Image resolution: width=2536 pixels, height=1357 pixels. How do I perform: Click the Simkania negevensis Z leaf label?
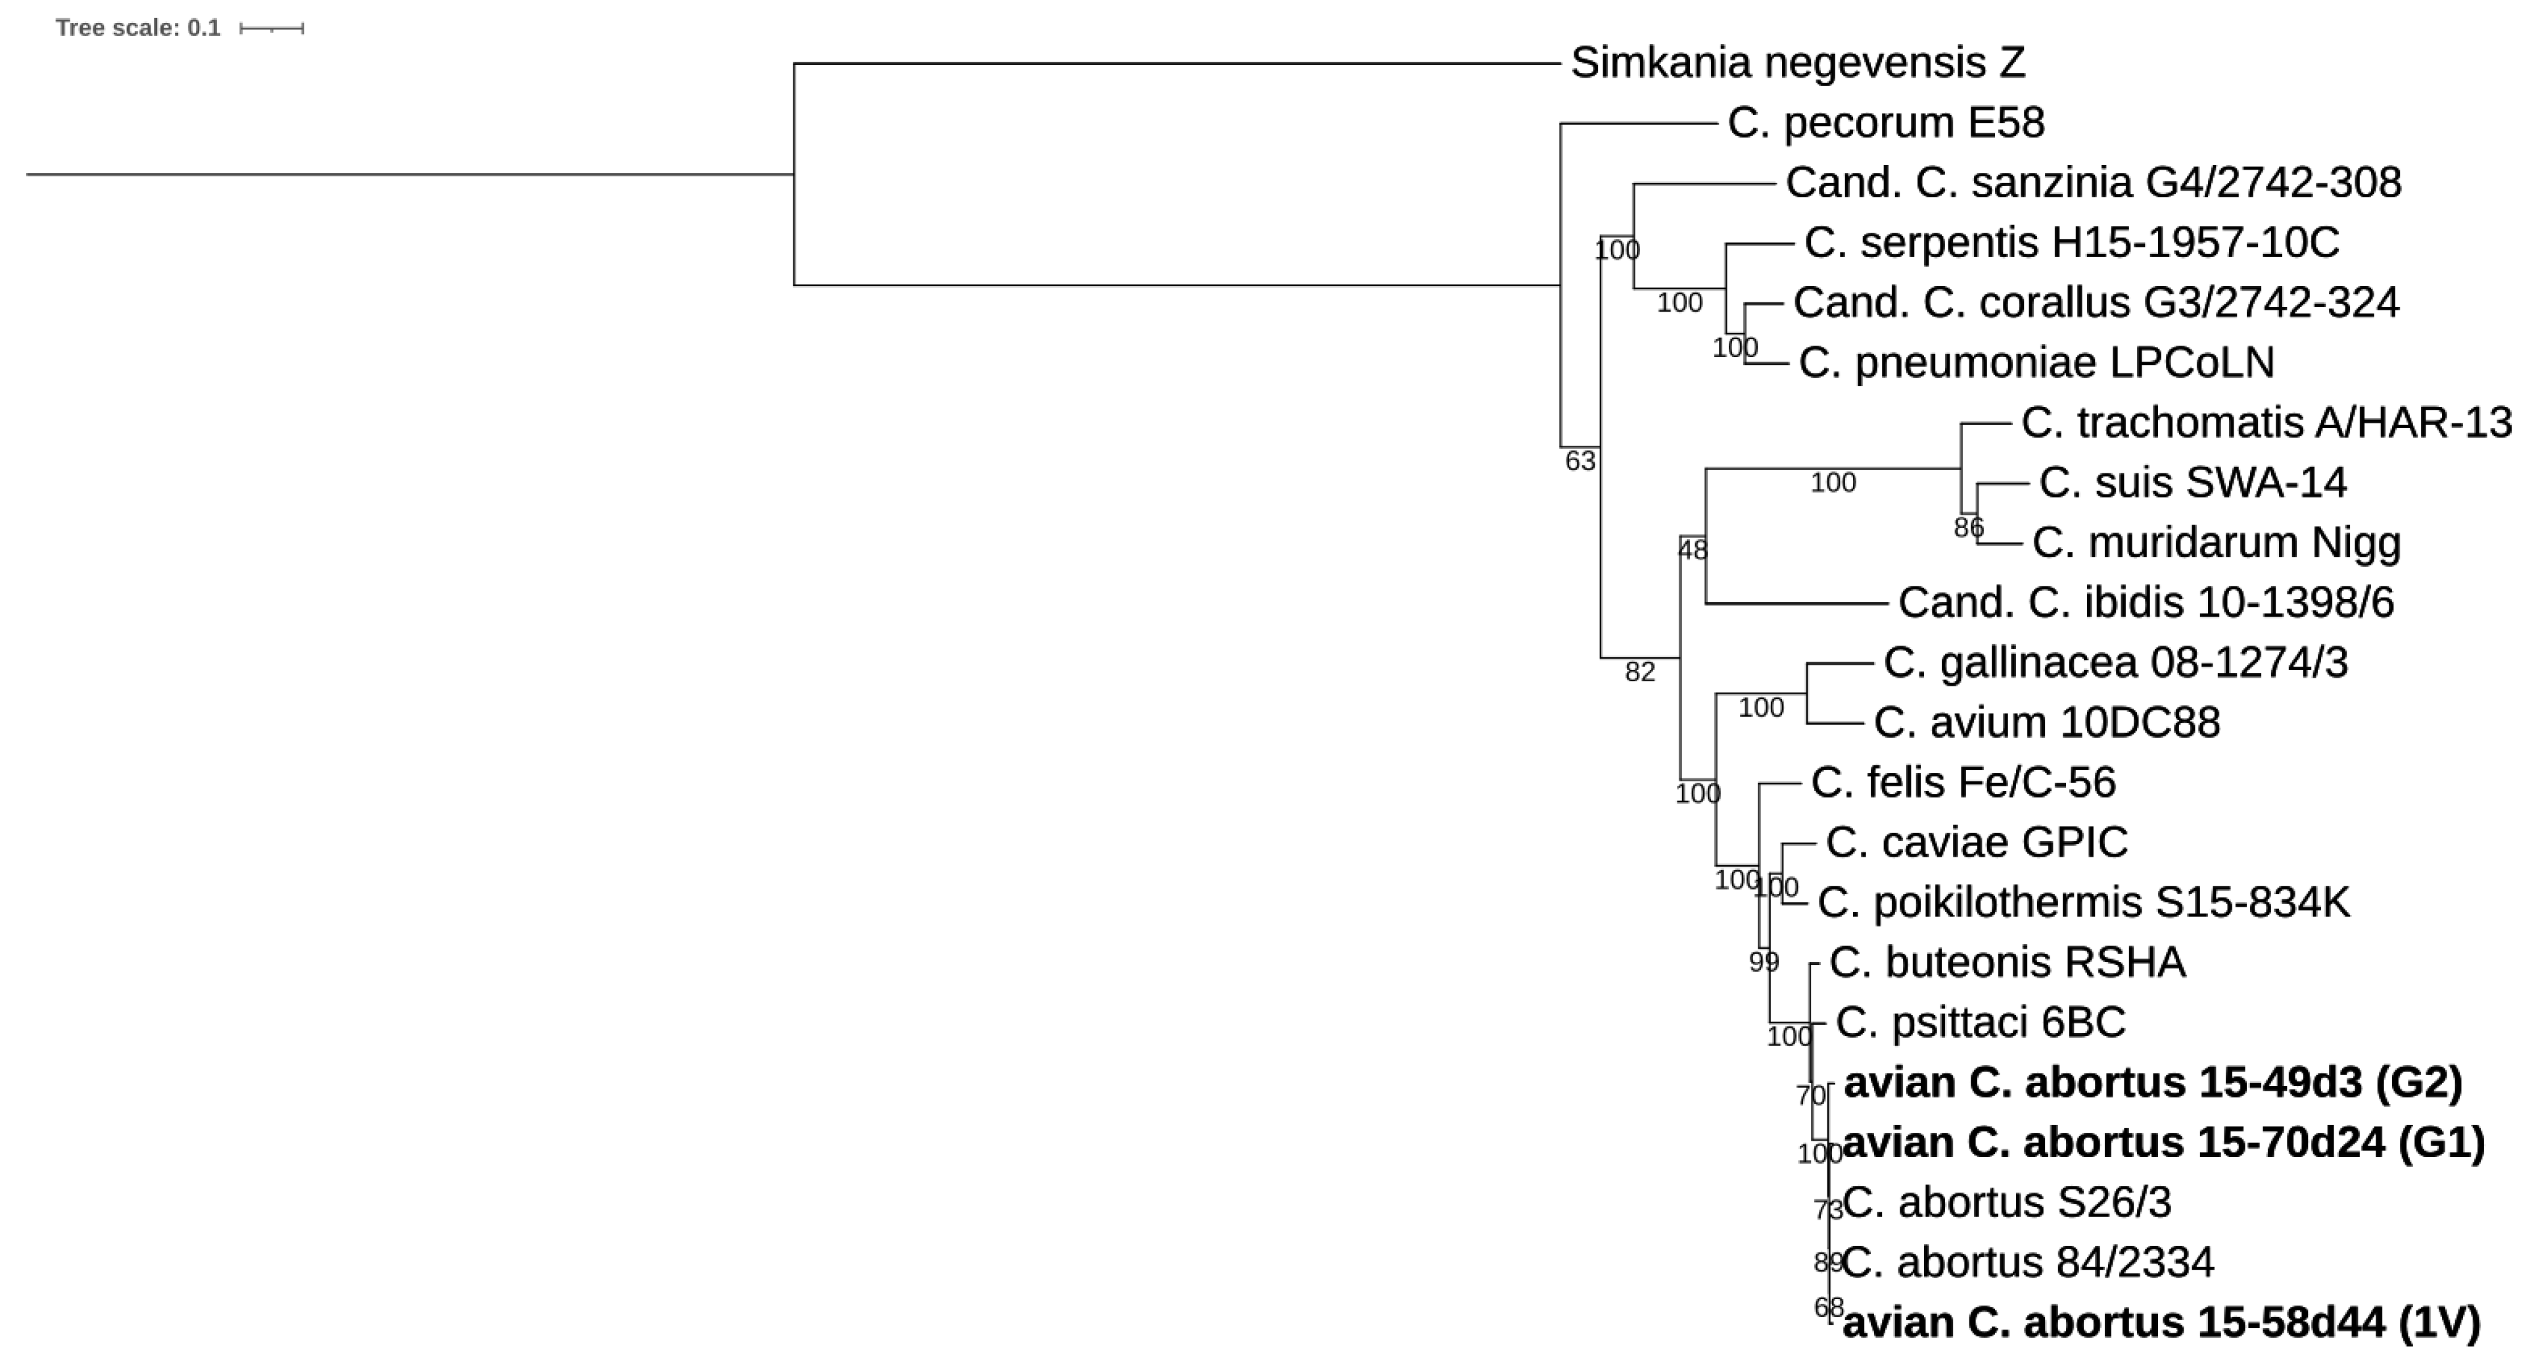point(1798,63)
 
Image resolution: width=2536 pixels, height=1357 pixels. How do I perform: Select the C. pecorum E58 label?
point(1885,123)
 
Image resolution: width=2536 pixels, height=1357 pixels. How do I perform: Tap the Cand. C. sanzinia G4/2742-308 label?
point(2093,183)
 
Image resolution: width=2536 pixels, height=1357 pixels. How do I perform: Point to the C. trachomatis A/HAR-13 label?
point(2266,423)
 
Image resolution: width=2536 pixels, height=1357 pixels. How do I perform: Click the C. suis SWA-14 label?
point(2192,483)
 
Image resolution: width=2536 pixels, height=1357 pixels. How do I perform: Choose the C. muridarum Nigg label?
point(2216,542)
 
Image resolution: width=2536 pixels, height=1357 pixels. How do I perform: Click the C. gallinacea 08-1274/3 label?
point(2115,663)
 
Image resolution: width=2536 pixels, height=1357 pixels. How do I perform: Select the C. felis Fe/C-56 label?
point(1963,783)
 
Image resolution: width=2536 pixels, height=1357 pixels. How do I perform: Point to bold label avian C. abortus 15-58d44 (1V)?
point(2161,1323)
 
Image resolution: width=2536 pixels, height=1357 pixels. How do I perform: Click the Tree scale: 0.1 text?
point(138,28)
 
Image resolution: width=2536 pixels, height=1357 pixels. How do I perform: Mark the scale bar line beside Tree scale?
point(271,28)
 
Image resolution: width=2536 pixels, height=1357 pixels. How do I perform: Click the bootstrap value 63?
point(1580,461)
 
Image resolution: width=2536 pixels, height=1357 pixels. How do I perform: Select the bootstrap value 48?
point(1692,550)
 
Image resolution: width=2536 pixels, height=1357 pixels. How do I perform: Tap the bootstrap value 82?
point(1640,673)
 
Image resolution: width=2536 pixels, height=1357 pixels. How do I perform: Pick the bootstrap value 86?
point(1969,528)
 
